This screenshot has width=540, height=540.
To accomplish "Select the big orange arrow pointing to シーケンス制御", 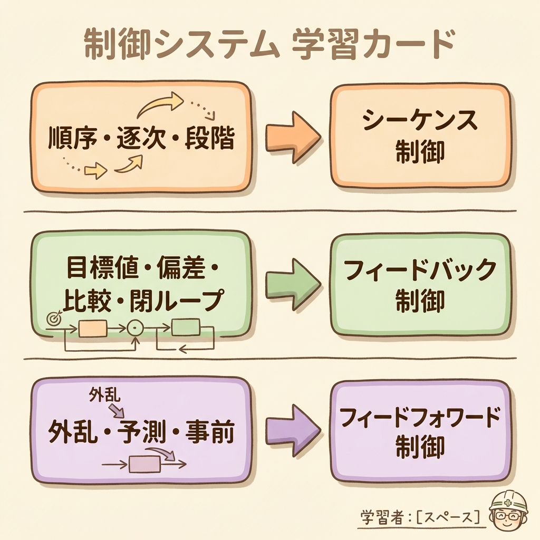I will [x=292, y=138].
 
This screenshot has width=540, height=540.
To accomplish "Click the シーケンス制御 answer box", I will [x=420, y=136].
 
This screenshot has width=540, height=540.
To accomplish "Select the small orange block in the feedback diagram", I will [x=93, y=329].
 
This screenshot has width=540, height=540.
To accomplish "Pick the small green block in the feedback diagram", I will [x=186, y=327].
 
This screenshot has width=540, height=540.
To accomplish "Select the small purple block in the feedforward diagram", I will [x=144, y=464].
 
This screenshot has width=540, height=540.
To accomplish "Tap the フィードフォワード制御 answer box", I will [x=420, y=431].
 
